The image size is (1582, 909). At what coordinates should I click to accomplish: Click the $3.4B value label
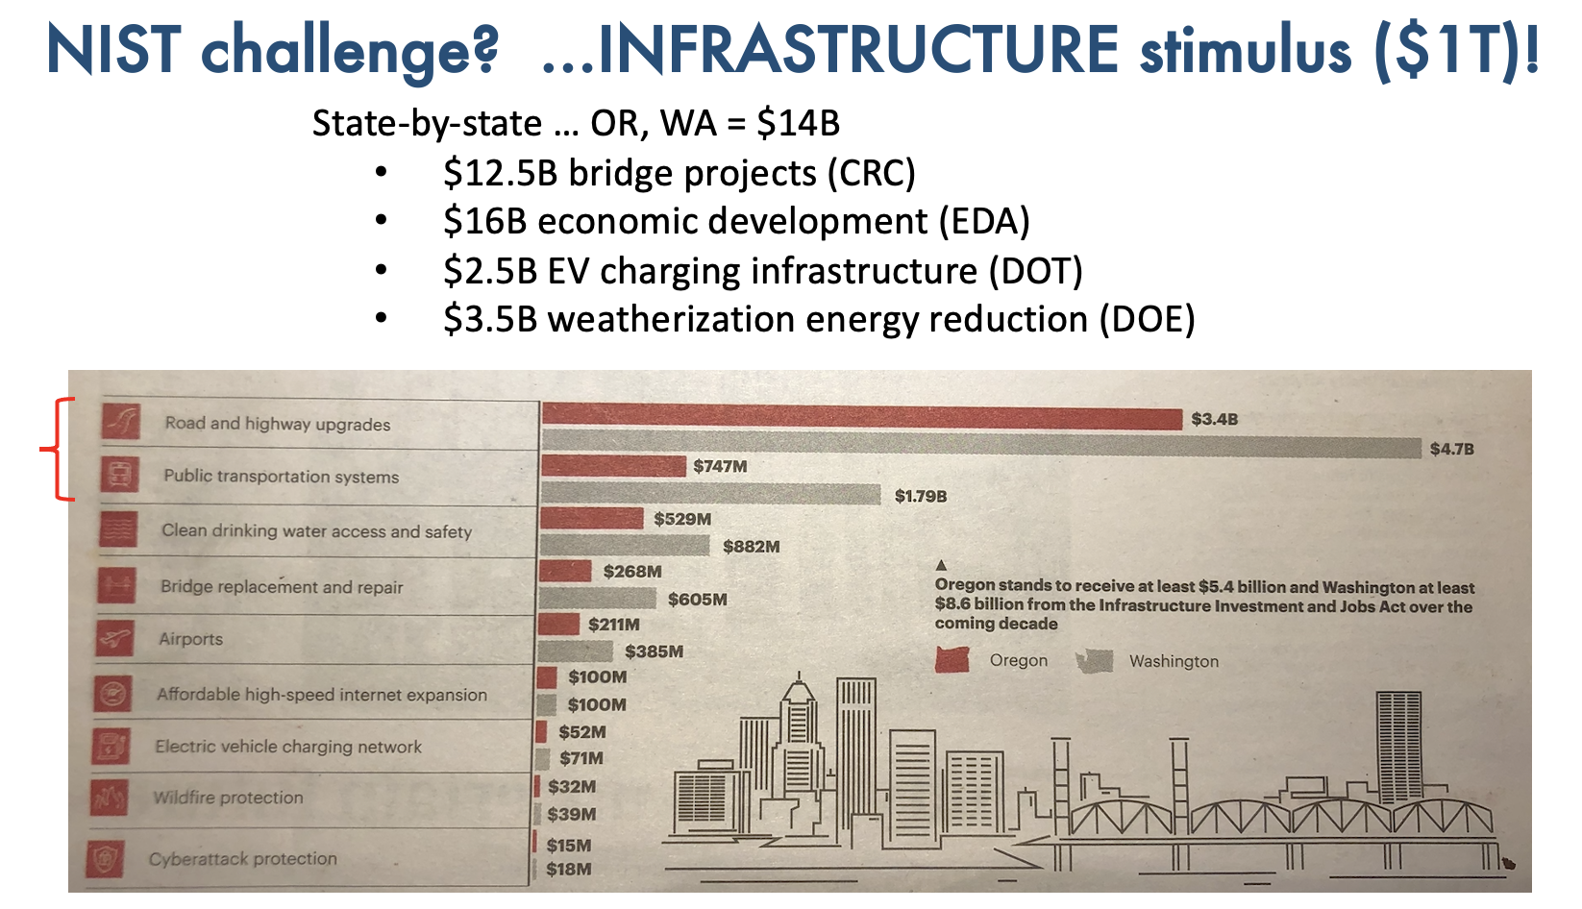click(1214, 419)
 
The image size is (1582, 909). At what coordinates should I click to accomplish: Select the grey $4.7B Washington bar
click(980, 446)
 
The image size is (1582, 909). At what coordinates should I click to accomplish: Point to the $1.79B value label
click(920, 496)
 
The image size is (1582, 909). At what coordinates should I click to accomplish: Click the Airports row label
click(190, 639)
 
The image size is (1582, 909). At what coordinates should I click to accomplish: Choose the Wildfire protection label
click(228, 798)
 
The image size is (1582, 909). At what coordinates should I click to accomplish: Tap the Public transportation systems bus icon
click(120, 475)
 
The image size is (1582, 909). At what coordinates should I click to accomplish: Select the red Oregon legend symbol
click(952, 660)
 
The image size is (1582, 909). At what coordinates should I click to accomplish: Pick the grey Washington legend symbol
click(1094, 661)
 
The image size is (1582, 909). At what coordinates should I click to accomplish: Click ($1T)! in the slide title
click(1455, 50)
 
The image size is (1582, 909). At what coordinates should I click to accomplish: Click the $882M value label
click(751, 547)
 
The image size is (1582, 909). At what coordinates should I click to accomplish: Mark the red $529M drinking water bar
click(591, 519)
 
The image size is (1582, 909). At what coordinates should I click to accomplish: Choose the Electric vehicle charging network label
click(288, 747)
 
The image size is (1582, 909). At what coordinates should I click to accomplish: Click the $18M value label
click(568, 870)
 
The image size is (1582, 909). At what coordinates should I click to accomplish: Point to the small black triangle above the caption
click(941, 565)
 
